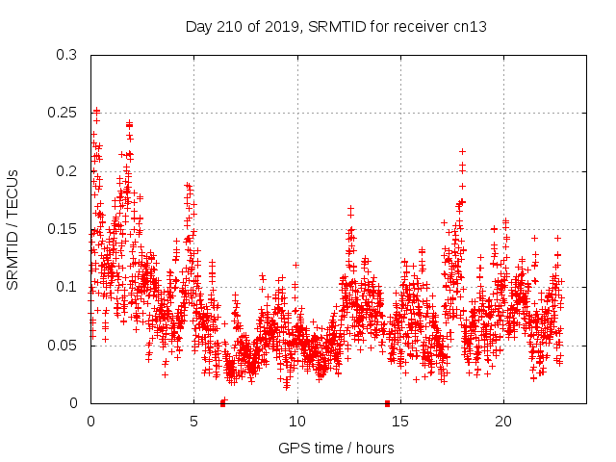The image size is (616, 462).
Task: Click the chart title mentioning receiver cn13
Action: coord(336,27)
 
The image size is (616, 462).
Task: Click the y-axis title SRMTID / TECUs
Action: coord(13,229)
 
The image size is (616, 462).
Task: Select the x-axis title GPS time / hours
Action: coord(336,448)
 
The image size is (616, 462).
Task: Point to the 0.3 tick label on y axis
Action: coord(66,56)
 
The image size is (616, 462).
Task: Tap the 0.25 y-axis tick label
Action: coord(63,114)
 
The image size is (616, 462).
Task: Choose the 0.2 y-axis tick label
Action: coord(66,171)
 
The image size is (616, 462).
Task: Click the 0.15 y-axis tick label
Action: coord(63,229)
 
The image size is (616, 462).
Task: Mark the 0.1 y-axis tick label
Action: coord(66,287)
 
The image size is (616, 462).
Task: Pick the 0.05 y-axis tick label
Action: coord(63,345)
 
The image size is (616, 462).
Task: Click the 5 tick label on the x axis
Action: coord(193,422)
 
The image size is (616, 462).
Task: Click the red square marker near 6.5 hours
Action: coord(223,402)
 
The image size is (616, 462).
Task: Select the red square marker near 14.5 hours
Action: coord(387,402)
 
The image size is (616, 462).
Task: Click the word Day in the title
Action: coord(198,27)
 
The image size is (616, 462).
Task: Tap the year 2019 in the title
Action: coord(272,27)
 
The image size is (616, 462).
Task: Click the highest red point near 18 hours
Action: coord(462,151)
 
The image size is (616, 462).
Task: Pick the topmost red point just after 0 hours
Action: coord(96,111)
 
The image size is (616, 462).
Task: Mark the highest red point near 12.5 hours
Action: coord(350,208)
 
